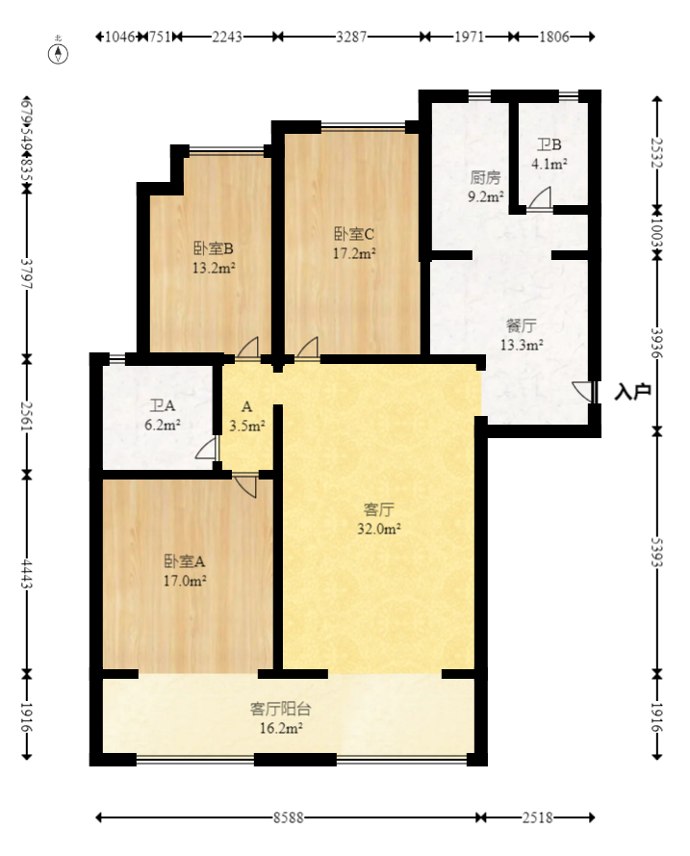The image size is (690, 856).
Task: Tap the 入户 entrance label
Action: (x=633, y=392)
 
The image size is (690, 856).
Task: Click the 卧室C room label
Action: (x=353, y=244)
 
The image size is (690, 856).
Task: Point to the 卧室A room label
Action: (x=185, y=570)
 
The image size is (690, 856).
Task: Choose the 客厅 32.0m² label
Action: (x=379, y=518)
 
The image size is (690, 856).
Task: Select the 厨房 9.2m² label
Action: (x=485, y=187)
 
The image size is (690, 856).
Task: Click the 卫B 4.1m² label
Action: (x=550, y=154)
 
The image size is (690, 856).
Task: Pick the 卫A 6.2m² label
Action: (x=164, y=415)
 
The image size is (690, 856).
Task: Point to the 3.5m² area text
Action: (x=247, y=424)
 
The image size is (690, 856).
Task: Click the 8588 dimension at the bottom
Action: (x=288, y=817)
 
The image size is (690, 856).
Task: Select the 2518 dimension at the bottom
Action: (x=537, y=817)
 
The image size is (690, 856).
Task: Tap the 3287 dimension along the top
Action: (x=350, y=37)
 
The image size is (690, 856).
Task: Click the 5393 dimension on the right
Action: (x=658, y=550)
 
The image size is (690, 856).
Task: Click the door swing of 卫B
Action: (x=540, y=199)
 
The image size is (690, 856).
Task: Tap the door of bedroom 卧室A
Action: (x=245, y=483)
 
